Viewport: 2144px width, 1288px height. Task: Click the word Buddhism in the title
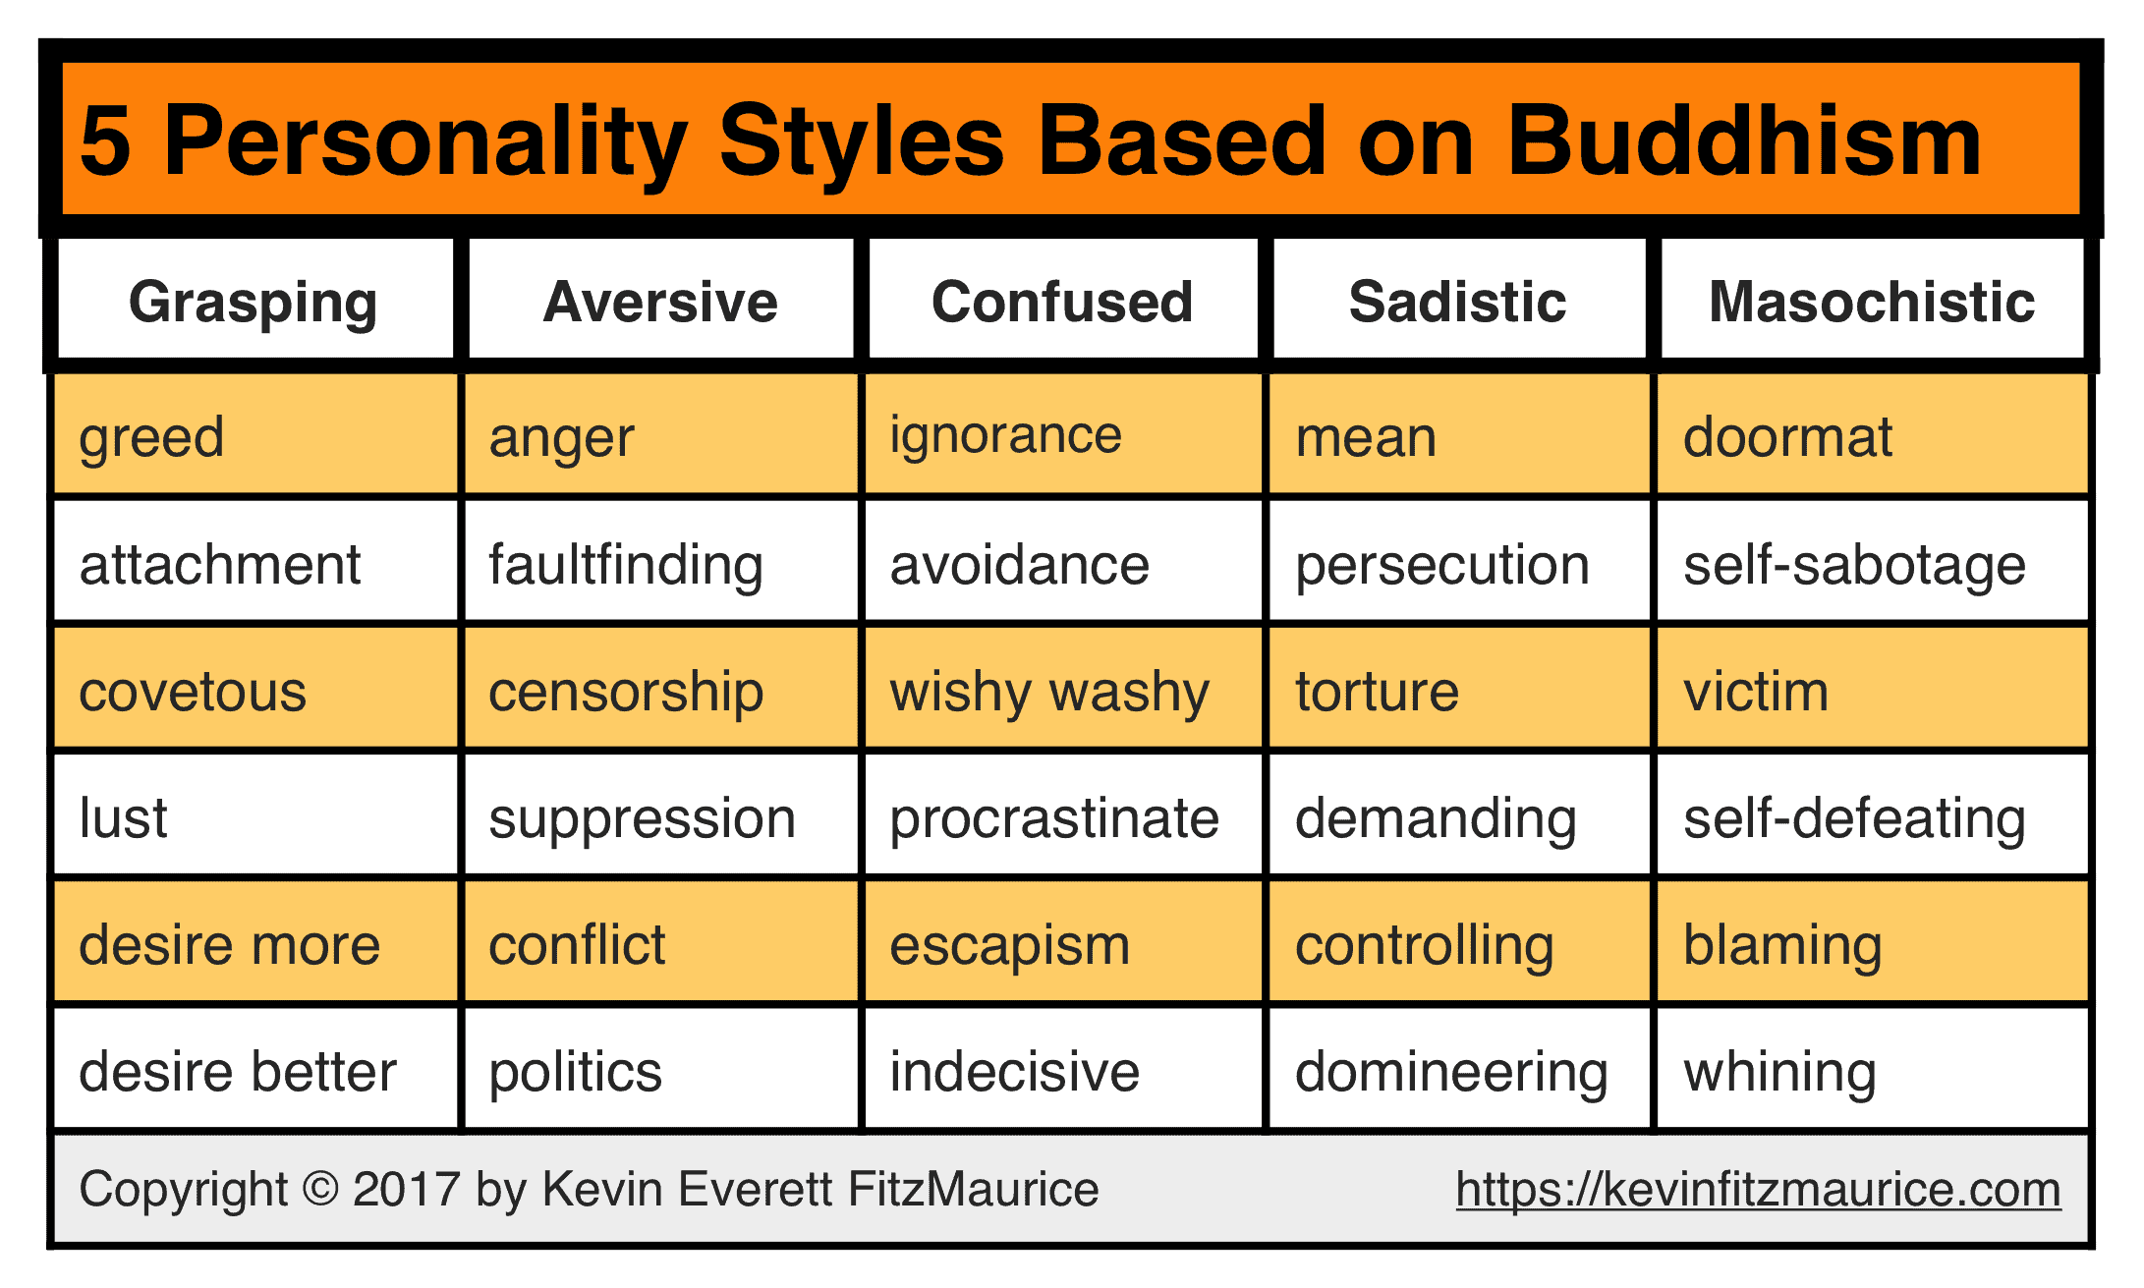(x=1744, y=141)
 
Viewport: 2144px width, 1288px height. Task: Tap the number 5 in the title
(x=105, y=142)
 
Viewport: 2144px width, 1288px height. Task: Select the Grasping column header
(x=254, y=303)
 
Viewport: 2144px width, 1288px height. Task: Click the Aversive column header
(x=660, y=302)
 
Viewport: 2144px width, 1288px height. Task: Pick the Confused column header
(x=1062, y=302)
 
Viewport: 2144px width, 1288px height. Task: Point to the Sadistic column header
(x=1458, y=302)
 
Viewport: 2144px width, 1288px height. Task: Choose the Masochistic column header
(x=1872, y=302)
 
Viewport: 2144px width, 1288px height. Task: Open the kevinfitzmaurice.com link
(x=1759, y=1190)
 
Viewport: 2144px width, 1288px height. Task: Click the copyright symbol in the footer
(x=320, y=1189)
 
